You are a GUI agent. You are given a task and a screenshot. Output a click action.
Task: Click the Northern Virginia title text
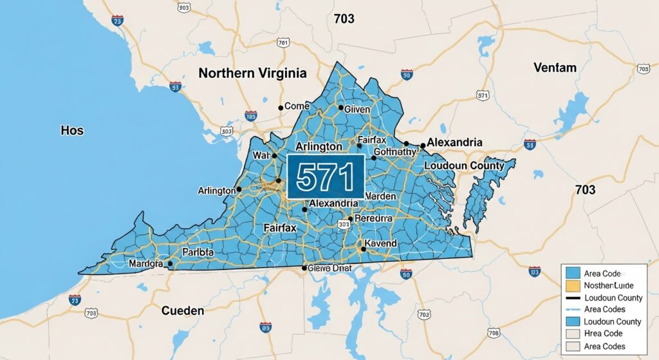tap(252, 73)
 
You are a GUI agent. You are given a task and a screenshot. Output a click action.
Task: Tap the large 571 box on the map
tap(326, 177)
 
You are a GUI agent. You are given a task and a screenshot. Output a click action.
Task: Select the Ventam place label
tap(555, 67)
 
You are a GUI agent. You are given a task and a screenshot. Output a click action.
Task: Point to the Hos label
tap(72, 130)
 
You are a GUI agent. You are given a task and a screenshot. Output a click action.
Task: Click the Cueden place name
tap(183, 310)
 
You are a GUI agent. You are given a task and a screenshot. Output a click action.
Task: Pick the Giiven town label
tap(353, 109)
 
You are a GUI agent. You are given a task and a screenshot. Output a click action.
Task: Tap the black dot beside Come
tap(280, 108)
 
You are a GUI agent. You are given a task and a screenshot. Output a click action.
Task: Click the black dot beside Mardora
tap(170, 263)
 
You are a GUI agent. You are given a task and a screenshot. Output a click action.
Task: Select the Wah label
tap(261, 155)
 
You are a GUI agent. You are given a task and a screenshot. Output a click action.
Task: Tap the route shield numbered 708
tap(494, 333)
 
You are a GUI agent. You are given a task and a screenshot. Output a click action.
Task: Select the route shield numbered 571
tap(483, 95)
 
